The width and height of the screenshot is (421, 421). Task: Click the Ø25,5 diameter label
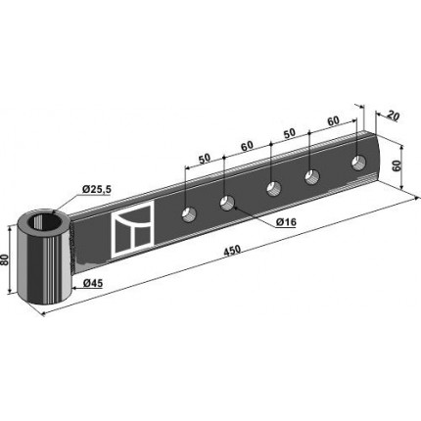click(x=97, y=189)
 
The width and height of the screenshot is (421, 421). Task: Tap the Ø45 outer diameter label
click(x=93, y=283)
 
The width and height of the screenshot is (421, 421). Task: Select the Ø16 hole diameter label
click(x=286, y=222)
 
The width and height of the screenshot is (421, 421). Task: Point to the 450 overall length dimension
click(x=233, y=251)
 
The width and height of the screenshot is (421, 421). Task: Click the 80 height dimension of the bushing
click(x=5, y=260)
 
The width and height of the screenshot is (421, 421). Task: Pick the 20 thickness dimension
click(x=393, y=116)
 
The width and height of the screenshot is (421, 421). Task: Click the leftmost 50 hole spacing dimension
click(x=205, y=159)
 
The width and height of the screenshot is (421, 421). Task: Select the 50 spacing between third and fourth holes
click(x=289, y=133)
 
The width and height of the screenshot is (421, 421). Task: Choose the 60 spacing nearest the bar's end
click(x=333, y=120)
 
